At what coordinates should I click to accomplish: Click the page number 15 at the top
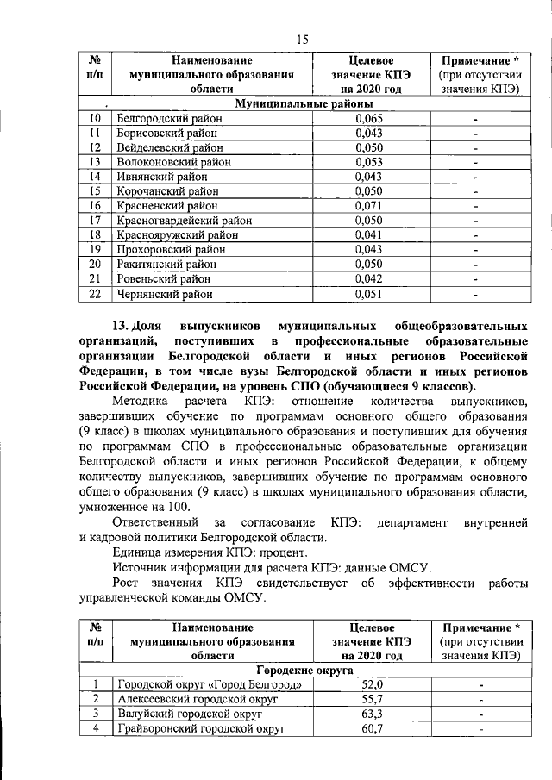303,38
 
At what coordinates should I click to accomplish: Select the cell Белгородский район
166,118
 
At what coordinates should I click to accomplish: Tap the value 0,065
370,118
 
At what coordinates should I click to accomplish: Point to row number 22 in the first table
96,293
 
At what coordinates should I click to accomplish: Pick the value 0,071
370,205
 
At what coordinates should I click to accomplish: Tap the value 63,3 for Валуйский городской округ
369,713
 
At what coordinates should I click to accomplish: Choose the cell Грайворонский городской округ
200,728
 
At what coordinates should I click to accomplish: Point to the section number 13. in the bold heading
125,328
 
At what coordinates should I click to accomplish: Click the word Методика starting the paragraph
141,401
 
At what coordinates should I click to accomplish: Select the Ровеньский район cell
161,278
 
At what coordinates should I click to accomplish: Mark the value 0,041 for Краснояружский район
370,234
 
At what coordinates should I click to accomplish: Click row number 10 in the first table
96,118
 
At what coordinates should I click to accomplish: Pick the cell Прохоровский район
166,249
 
